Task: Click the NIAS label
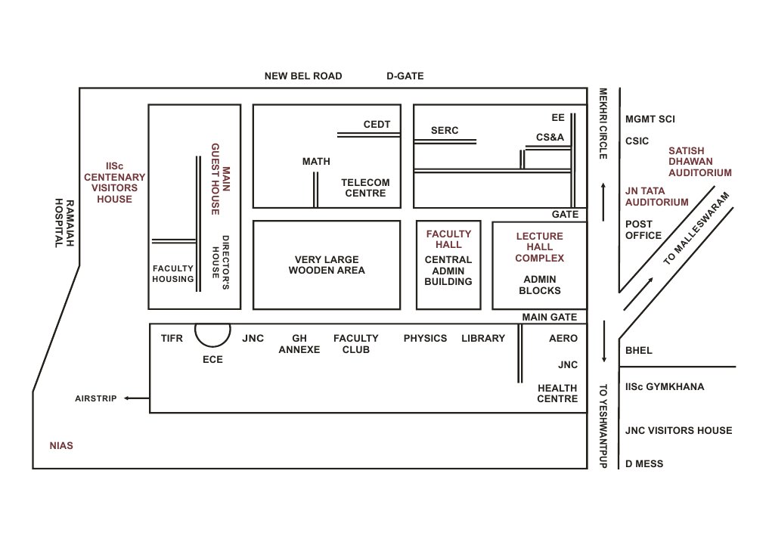(61, 445)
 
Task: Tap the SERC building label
(445, 131)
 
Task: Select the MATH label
(316, 162)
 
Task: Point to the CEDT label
(377, 125)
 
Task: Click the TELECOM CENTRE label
(365, 187)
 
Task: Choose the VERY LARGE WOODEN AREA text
(327, 265)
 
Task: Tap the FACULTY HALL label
(448, 239)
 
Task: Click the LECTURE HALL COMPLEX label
(539, 247)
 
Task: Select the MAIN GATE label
(551, 317)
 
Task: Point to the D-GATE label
(405, 76)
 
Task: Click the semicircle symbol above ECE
(212, 333)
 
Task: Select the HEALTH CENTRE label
(557, 393)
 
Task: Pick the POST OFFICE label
(643, 230)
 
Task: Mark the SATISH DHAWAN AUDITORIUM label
(699, 162)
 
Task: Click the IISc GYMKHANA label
(665, 387)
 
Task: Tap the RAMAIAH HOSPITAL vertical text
(65, 224)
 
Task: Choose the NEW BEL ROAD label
(303, 76)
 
